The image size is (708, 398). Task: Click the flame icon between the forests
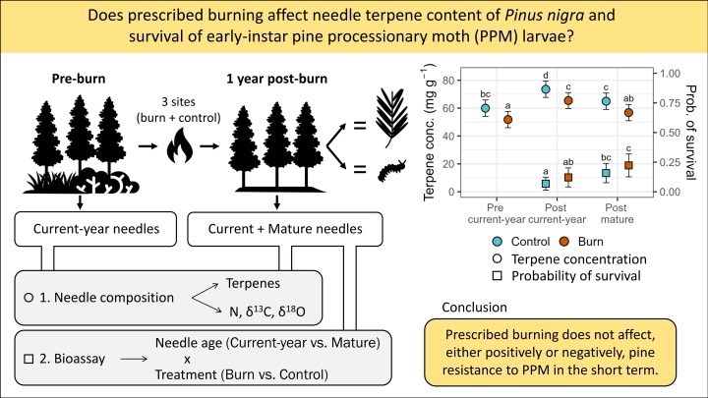click(180, 144)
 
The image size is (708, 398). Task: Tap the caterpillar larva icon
click(392, 171)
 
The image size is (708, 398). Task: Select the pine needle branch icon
click(391, 118)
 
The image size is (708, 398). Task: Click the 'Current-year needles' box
click(95, 229)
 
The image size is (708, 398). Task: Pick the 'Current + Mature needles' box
click(285, 229)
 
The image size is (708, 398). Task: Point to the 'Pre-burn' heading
click(79, 79)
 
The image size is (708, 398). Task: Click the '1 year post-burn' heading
click(276, 79)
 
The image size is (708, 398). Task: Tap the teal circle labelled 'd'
click(546, 89)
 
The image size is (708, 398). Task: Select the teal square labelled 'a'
click(546, 184)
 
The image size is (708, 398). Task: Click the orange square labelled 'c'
click(628, 166)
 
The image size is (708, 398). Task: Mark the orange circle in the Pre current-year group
click(508, 120)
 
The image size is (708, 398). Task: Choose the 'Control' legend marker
click(498, 242)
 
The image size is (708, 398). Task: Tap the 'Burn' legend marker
click(564, 242)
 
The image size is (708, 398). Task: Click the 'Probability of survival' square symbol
click(498, 275)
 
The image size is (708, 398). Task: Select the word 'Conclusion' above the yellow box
click(474, 308)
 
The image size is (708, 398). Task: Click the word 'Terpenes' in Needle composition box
click(253, 283)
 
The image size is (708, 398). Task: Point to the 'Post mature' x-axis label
click(617, 213)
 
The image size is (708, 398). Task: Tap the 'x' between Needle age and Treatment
click(187, 360)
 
